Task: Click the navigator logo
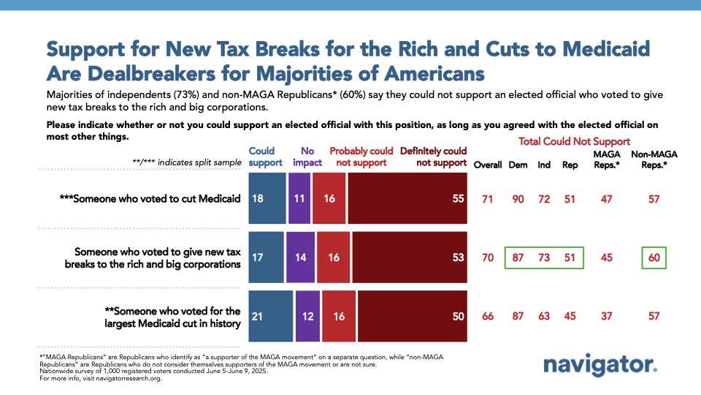click(x=600, y=365)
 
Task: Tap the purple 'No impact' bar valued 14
click(x=301, y=257)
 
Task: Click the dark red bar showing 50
click(x=413, y=315)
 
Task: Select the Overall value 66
click(x=488, y=315)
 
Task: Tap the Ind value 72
click(x=544, y=198)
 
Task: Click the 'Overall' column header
click(x=488, y=165)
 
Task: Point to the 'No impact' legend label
click(x=307, y=157)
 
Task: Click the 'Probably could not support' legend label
click(x=361, y=157)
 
